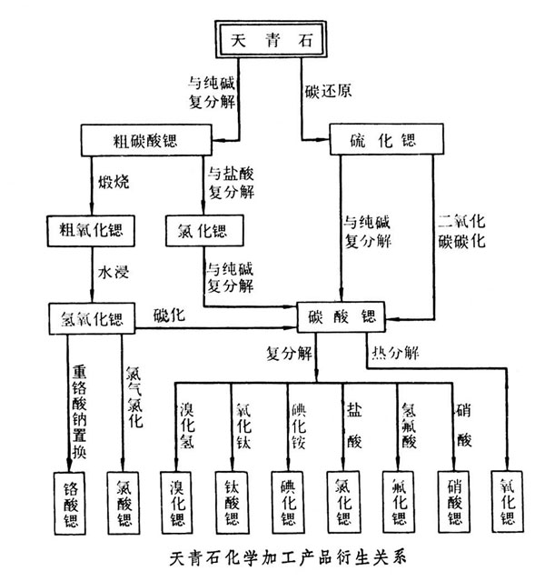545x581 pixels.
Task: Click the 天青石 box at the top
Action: [271, 39]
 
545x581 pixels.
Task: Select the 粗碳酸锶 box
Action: [146, 140]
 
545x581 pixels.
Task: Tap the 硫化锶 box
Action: [387, 139]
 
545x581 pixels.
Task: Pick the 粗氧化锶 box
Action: [91, 231]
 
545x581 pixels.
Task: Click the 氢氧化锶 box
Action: [92, 318]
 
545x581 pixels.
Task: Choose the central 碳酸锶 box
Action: [342, 316]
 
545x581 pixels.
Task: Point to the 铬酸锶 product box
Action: [70, 503]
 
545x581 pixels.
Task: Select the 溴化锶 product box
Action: [176, 503]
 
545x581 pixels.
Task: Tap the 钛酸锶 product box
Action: [232, 503]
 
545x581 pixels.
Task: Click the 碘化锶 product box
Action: [288, 503]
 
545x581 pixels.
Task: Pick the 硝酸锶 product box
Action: [454, 502]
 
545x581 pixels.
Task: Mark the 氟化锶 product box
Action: [399, 502]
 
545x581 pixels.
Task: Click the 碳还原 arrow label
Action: [328, 91]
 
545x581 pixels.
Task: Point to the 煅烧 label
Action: [114, 182]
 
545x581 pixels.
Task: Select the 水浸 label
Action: [114, 273]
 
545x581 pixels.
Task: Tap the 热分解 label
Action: [395, 353]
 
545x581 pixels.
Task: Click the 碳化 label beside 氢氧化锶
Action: [169, 315]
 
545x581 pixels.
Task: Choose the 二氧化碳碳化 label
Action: [461, 232]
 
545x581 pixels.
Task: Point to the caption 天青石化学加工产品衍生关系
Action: [288, 558]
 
